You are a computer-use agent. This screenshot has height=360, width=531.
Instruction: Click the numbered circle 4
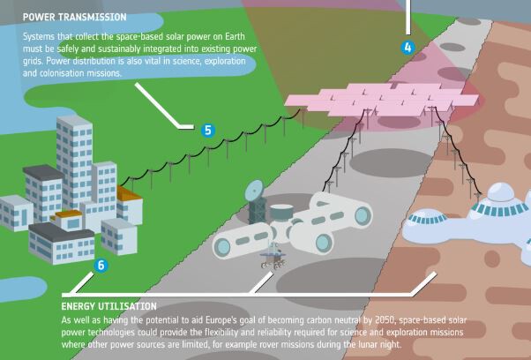coord(408,48)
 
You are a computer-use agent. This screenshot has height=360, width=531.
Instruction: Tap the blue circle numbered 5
coord(208,131)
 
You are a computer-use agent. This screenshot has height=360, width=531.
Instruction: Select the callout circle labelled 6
coord(101,266)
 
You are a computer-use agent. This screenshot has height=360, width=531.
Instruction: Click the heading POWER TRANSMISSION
coord(74,17)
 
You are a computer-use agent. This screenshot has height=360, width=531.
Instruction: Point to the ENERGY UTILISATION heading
coord(109,306)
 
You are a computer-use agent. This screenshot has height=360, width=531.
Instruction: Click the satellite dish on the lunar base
coord(254,190)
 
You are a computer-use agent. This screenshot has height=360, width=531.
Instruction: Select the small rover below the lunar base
coord(273,256)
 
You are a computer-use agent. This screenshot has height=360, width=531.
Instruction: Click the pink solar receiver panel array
coord(382,100)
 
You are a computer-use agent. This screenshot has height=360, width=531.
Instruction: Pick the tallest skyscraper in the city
coord(74,161)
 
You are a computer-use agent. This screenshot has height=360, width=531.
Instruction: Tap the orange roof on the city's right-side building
coord(129,193)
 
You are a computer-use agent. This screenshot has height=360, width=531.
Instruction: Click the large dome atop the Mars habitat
coord(500,192)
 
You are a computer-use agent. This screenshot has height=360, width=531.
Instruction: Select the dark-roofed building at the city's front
coord(61,243)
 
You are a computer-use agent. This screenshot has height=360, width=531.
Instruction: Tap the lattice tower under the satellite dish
coord(258,212)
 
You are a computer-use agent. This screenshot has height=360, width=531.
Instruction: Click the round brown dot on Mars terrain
coord(492,259)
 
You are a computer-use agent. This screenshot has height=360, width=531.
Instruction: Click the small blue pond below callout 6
coord(21,289)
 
